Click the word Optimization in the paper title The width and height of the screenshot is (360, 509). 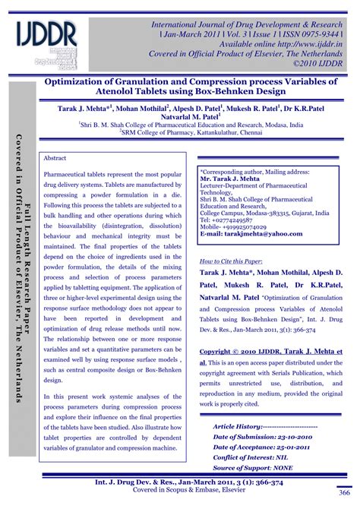(81, 81)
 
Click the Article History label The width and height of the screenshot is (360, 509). (242, 427)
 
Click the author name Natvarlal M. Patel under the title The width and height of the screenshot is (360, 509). (186, 117)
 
